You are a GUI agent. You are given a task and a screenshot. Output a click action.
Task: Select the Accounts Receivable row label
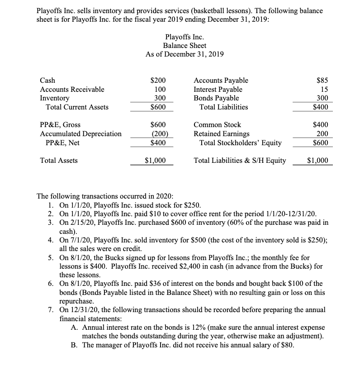pos(72,90)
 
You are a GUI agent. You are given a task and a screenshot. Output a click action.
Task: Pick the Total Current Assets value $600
pos(158,107)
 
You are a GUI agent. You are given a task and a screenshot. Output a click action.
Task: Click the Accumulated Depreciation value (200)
pos(158,134)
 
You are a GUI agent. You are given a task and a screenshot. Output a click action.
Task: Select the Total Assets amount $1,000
pos(155,160)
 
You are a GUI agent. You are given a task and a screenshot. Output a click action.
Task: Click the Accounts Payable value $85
pos(322,81)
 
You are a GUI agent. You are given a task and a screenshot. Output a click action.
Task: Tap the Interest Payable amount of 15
pos(324,90)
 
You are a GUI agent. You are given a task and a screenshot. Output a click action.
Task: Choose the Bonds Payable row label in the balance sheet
pos(216,98)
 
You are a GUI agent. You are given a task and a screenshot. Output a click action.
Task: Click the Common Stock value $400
pos(320,125)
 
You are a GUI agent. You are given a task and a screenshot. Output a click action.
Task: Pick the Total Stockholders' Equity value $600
pos(320,143)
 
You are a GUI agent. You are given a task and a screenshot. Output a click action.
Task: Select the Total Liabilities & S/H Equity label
pos(240,160)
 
